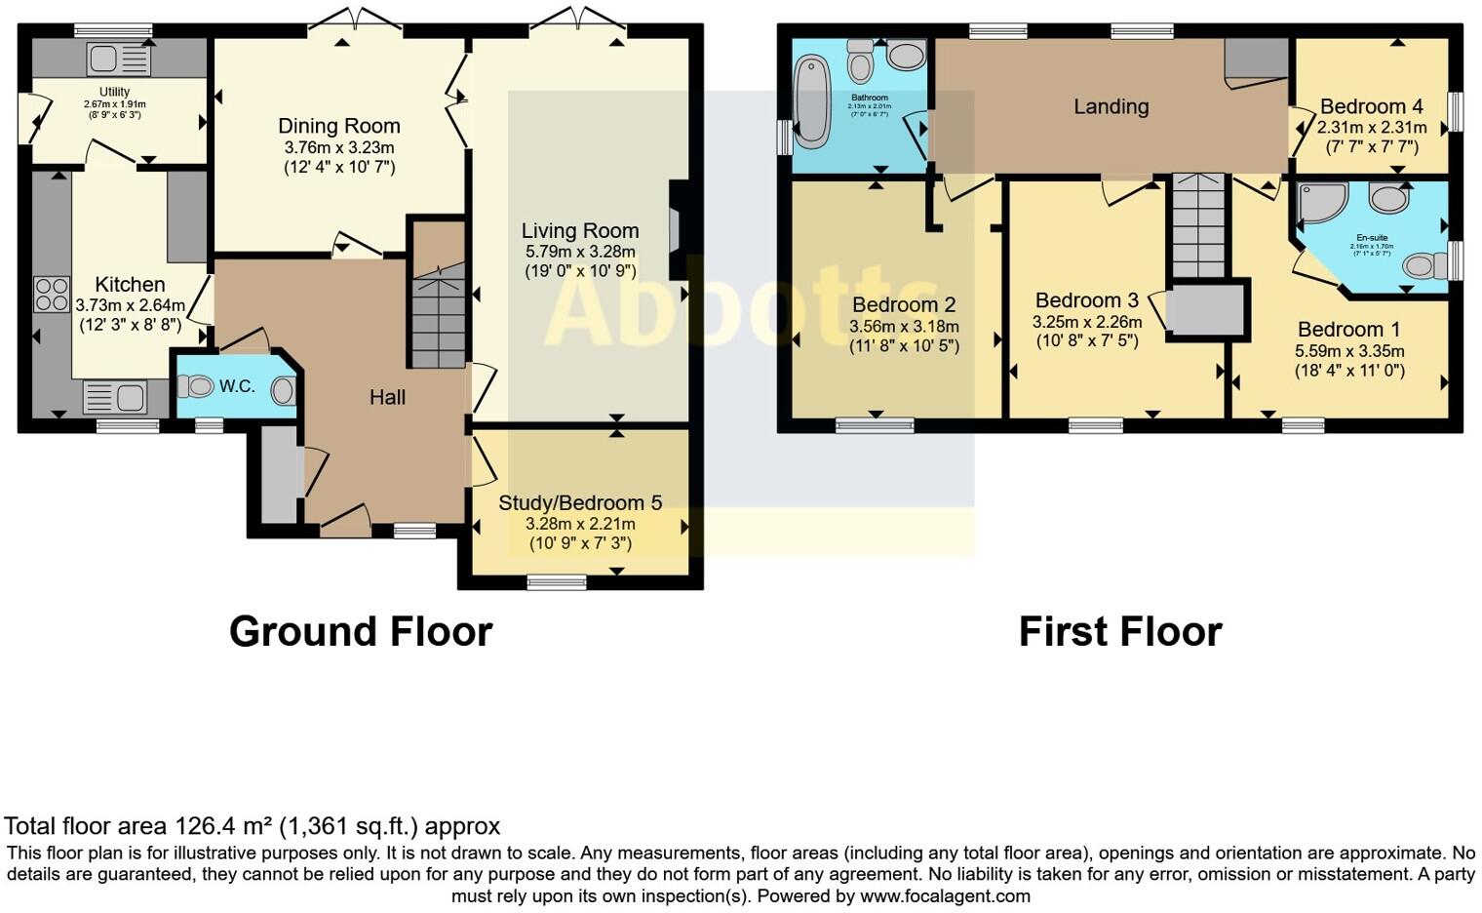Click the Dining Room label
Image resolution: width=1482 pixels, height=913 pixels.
coord(339,126)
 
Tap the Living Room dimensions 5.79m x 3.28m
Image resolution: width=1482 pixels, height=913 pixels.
coord(580,252)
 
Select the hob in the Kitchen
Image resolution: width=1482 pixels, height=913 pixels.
coord(52,294)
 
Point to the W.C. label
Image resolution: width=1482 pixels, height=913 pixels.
coord(237,386)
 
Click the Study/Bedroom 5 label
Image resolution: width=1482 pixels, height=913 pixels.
coord(580,503)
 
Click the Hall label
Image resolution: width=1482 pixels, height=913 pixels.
coord(387,397)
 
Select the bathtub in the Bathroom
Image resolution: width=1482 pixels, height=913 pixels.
coord(810,102)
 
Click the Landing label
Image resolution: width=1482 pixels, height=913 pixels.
coord(1111,106)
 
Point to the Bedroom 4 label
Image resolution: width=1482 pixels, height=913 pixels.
coord(1371,106)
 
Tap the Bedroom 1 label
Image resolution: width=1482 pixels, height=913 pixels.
coord(1348,330)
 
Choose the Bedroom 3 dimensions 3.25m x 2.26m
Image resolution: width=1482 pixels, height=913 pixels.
coord(1087,321)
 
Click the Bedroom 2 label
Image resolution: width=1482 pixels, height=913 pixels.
coord(904,305)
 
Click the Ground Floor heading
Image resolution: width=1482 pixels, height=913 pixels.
coord(361,631)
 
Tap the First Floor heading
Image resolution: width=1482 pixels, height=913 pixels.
coord(1120,631)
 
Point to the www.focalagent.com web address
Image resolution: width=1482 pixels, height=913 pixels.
coord(945,895)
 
